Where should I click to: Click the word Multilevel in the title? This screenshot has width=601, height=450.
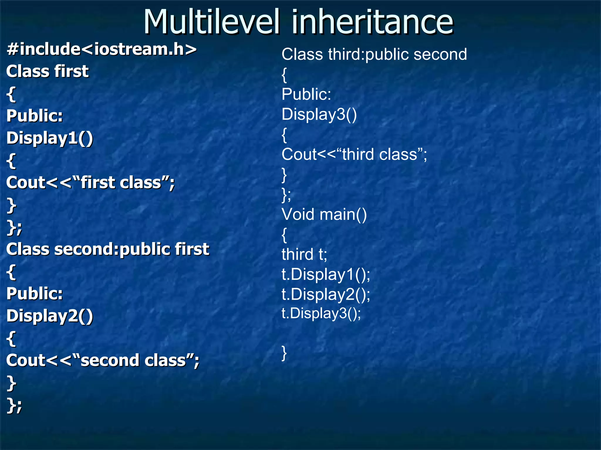point(211,22)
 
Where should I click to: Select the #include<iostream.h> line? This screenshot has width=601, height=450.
point(102,49)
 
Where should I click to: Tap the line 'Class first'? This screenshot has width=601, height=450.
point(47,71)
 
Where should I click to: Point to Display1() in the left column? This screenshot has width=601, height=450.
point(50,138)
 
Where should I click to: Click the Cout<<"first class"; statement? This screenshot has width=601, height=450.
point(90,183)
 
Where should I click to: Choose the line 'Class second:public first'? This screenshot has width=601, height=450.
point(108,249)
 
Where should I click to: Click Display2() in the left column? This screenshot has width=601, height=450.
point(50,316)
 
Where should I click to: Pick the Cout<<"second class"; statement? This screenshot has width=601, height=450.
point(103,360)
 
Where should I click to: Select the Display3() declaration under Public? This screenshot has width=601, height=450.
point(319,114)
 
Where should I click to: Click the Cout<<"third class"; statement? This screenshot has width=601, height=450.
point(354,154)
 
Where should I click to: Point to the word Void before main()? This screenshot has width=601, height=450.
point(298,214)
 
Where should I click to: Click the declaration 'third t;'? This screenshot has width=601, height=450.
point(304,254)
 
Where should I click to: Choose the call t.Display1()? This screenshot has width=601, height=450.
point(326,275)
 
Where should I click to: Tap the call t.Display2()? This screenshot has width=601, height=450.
point(326,294)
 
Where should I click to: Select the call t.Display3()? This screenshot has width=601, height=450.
point(321,313)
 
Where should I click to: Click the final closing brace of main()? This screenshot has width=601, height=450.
point(284,353)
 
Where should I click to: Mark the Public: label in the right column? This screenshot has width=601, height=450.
point(306,94)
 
